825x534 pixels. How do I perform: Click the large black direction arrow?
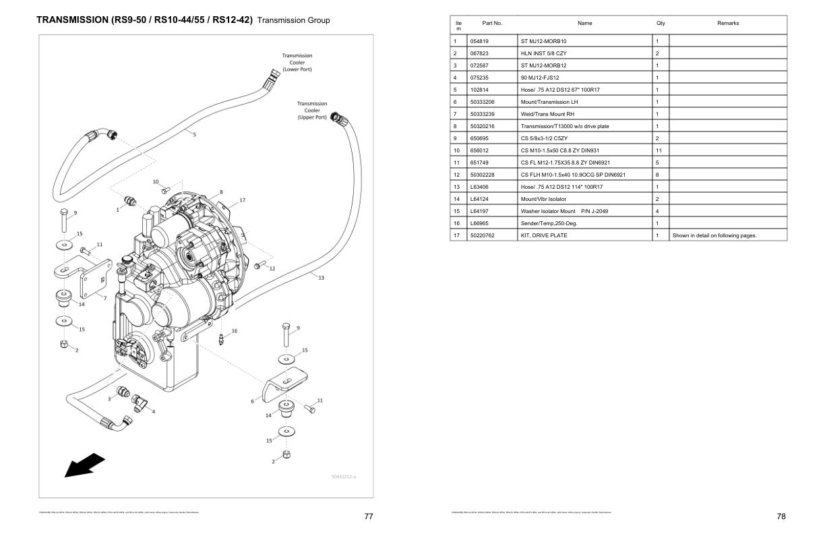pyautogui.click(x=84, y=466)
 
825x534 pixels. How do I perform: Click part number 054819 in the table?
pyautogui.click(x=479, y=41)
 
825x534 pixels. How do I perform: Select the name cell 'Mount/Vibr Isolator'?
pyautogui.click(x=543, y=199)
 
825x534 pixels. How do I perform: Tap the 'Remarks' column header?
pyautogui.click(x=728, y=24)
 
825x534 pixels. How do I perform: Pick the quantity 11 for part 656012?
pyautogui.click(x=659, y=150)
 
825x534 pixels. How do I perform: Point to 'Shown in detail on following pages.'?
pyautogui.click(x=714, y=235)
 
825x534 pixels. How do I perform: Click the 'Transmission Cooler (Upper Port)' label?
pyautogui.click(x=312, y=111)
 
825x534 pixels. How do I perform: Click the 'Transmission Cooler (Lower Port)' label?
pyautogui.click(x=297, y=62)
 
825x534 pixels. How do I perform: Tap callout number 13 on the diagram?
pyautogui.click(x=321, y=278)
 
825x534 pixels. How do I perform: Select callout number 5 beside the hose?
pyautogui.click(x=194, y=134)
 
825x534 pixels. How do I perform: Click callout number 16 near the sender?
pyautogui.click(x=234, y=331)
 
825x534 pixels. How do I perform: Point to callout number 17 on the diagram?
pyautogui.click(x=242, y=200)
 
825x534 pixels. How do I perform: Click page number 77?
pyautogui.click(x=369, y=516)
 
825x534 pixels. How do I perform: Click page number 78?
pyautogui.click(x=781, y=516)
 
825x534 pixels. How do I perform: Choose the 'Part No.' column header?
pyautogui.click(x=492, y=24)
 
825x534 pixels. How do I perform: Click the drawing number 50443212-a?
pyautogui.click(x=343, y=477)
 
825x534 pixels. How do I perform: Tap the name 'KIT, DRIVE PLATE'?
pyautogui.click(x=544, y=235)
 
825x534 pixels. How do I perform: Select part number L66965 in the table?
pyautogui.click(x=479, y=223)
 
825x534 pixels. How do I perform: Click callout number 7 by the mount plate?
pyautogui.click(x=105, y=297)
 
